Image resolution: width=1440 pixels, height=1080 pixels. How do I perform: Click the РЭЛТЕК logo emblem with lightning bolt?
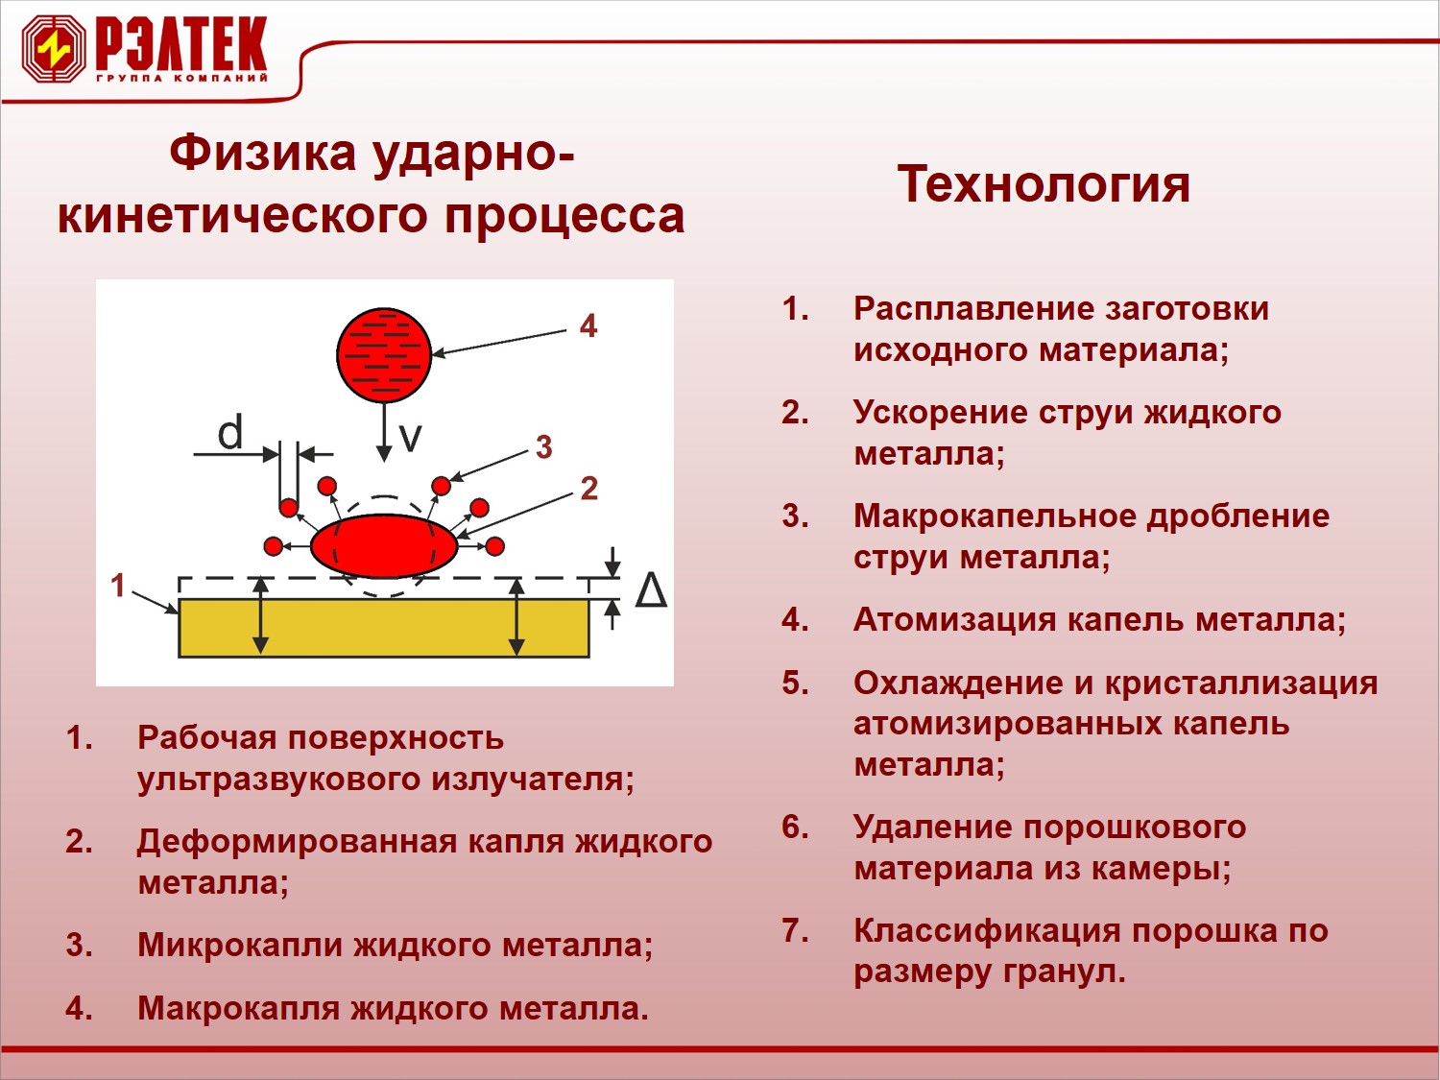pyautogui.click(x=54, y=49)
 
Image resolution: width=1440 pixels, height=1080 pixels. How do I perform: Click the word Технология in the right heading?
pyautogui.click(x=1044, y=185)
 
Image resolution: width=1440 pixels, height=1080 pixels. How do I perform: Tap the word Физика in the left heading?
pyautogui.click(x=262, y=152)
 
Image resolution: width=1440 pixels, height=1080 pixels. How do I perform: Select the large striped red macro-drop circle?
pyautogui.click(x=384, y=355)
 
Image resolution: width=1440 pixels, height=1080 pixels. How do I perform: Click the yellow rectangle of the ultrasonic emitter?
pyautogui.click(x=384, y=628)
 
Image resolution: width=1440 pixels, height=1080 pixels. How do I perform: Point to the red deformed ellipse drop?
pyautogui.click(x=384, y=545)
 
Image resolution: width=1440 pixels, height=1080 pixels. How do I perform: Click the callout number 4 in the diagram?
pyautogui.click(x=588, y=325)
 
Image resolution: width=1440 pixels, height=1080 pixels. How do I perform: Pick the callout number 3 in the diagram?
pyautogui.click(x=544, y=447)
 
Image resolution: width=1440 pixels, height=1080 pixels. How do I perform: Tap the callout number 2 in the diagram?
pyautogui.click(x=589, y=489)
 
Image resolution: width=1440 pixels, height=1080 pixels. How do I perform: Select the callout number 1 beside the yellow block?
pyautogui.click(x=117, y=586)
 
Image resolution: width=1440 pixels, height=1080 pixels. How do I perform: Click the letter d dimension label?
pyautogui.click(x=230, y=431)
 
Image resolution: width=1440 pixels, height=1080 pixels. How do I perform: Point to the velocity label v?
pyautogui.click(x=410, y=437)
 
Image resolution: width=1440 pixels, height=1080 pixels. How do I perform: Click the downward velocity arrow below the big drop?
pyautogui.click(x=384, y=432)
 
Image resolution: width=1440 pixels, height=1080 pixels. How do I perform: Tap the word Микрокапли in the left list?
pyautogui.click(x=240, y=945)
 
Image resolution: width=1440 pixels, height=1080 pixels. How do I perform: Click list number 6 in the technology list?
pyautogui.click(x=796, y=827)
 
